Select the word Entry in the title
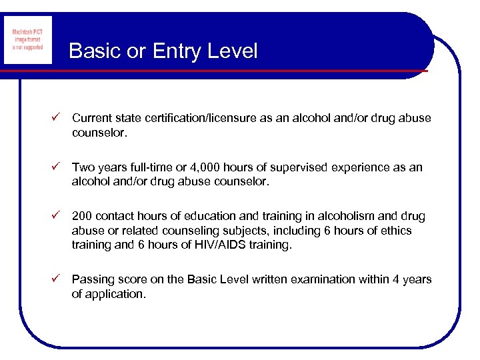(175, 51)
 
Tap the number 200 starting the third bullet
(83, 217)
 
